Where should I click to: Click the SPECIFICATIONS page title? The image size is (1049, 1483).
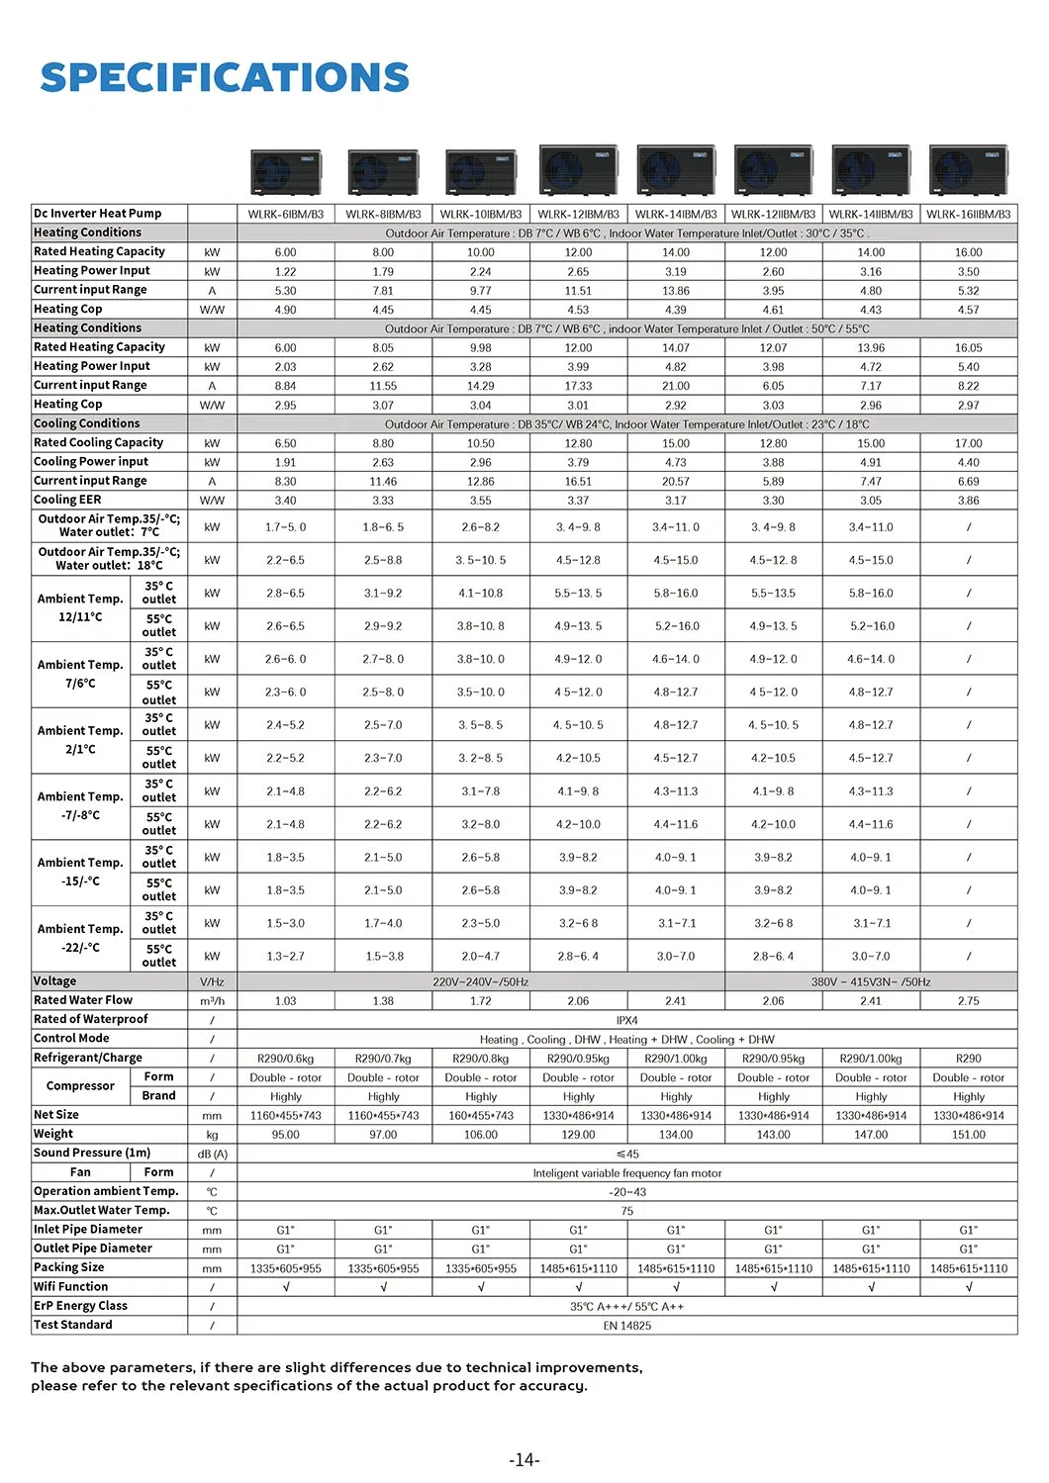click(225, 78)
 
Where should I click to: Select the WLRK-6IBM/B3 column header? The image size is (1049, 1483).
click(285, 214)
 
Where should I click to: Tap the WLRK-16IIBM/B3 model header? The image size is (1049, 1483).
click(968, 214)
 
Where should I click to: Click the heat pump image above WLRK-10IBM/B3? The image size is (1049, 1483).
click(481, 171)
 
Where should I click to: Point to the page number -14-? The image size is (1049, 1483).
click(524, 1459)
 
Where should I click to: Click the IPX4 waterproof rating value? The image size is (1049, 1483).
click(626, 1020)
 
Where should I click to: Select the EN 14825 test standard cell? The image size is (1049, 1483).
click(626, 1325)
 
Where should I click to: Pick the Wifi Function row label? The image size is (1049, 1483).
click(71, 1286)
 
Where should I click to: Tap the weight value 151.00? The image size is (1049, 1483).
click(968, 1135)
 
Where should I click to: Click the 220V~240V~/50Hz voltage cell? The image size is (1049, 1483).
click(480, 982)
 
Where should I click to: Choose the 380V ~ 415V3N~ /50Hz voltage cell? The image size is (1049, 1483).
click(871, 982)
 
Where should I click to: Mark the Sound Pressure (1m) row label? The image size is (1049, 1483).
click(92, 1153)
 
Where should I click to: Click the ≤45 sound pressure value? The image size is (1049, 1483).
click(626, 1154)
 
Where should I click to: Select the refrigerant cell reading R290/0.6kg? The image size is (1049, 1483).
click(285, 1059)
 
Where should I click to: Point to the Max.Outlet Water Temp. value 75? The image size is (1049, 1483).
click(626, 1211)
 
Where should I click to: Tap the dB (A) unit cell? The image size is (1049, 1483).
click(212, 1154)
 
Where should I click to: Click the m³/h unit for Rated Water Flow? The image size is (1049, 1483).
click(212, 1001)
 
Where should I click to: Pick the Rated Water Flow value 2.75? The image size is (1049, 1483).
click(968, 1001)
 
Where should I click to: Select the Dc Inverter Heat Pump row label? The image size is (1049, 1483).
click(97, 214)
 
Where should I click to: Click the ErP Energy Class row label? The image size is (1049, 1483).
click(80, 1306)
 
